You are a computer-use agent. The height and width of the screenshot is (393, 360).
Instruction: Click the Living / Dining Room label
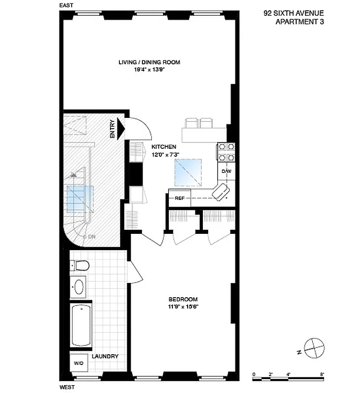[149, 62]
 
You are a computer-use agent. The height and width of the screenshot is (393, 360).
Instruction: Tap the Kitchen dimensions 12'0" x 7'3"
[165, 154]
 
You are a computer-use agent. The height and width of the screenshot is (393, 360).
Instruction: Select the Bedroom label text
[183, 299]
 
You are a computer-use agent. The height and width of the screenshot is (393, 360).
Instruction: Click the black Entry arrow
[121, 130]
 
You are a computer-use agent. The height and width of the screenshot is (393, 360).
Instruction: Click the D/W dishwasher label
[226, 171]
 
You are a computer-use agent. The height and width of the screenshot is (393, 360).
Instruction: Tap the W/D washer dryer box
[79, 364]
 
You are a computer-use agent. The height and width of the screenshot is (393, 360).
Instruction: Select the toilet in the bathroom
[80, 266]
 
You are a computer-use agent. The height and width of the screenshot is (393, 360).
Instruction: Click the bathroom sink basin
[79, 287]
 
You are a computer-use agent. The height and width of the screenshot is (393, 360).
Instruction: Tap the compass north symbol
[314, 349]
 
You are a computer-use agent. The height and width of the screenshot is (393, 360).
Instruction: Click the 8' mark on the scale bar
[322, 374]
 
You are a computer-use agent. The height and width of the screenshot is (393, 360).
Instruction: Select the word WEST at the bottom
[67, 388]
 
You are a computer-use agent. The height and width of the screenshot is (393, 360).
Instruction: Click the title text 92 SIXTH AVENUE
[294, 14]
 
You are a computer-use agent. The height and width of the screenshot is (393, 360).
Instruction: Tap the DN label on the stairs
[91, 237]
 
